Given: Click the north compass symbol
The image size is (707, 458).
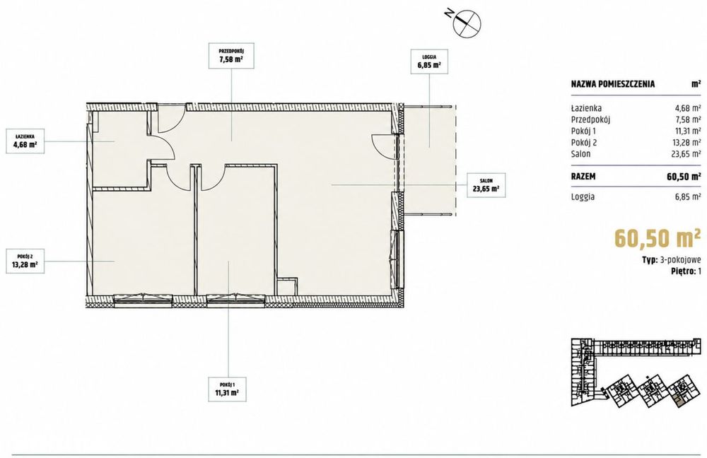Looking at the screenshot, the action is (x=467, y=22).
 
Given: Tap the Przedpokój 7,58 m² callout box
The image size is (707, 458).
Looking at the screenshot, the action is (x=232, y=55).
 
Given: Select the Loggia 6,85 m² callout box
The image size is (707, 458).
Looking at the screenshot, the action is (x=429, y=61).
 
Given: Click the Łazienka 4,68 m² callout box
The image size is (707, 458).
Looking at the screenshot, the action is (x=25, y=141).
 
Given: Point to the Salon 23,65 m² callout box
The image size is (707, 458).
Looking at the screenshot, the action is (x=486, y=186).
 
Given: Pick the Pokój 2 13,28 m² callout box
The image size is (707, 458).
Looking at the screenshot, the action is (x=25, y=261).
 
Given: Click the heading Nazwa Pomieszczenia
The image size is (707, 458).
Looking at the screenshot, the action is (x=613, y=84).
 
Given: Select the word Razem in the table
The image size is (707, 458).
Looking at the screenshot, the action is (x=583, y=176).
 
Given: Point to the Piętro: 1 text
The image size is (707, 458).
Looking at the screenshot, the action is (x=686, y=271).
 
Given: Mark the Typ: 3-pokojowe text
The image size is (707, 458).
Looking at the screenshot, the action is (x=672, y=259).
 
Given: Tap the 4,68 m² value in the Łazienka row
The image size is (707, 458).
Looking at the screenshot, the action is (x=689, y=107).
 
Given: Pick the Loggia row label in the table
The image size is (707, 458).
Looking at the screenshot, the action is (x=583, y=197).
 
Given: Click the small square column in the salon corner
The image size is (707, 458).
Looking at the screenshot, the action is (x=287, y=287).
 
